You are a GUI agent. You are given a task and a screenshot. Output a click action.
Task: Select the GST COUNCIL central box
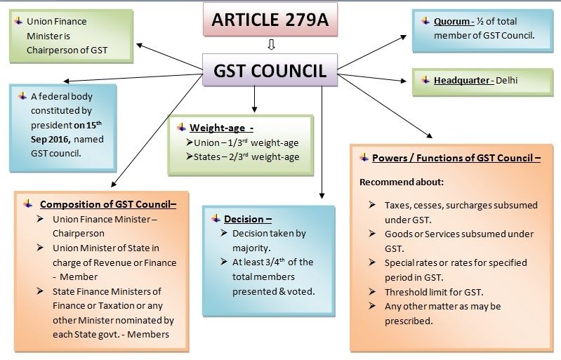point(270,71)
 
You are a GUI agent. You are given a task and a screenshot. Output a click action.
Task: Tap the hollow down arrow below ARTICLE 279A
point(270,46)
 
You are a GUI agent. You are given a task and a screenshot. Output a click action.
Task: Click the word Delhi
point(506,81)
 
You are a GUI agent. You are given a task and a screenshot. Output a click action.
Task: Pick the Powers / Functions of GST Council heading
point(456,158)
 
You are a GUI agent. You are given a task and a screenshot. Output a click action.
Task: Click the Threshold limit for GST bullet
point(433,292)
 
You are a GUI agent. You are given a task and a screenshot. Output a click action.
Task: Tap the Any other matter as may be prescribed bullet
point(442,314)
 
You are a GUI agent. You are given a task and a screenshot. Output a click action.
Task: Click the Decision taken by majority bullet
point(263,240)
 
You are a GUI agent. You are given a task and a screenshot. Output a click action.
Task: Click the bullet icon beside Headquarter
point(424,80)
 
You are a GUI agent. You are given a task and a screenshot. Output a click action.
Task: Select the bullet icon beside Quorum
point(424,21)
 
